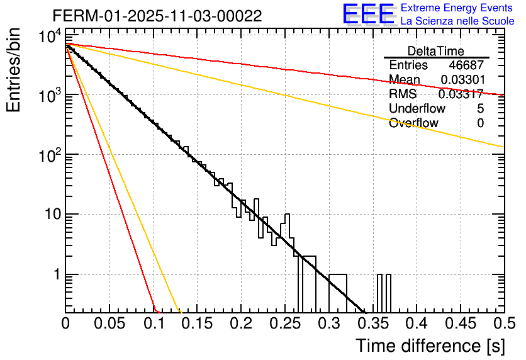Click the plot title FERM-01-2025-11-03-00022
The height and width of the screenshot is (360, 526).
pos(157,16)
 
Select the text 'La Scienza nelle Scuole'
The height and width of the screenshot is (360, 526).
pos(457,21)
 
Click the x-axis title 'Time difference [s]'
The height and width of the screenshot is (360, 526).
pos(428,346)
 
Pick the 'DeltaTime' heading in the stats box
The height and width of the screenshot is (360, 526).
pos(436,51)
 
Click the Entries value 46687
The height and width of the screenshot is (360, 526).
pos(466,65)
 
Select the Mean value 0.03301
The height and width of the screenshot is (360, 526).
pos(462,80)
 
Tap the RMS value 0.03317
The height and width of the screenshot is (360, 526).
pos(461,94)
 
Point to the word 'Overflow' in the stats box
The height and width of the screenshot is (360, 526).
pos(413,123)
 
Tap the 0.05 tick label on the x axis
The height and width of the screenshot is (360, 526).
pos(109,325)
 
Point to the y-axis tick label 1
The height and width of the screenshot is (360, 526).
pos(56,275)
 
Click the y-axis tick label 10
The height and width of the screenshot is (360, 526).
pos(52,215)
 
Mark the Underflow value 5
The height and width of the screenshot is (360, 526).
pos(481,109)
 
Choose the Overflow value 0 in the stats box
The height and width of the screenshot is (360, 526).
pos(481,123)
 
